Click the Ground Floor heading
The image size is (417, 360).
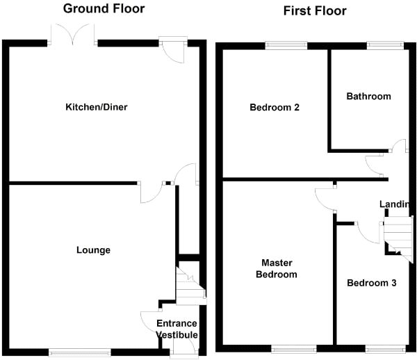pyautogui.click(x=104, y=9)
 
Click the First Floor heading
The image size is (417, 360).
pyautogui.click(x=315, y=10)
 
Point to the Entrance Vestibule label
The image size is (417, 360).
pyautogui.click(x=177, y=329)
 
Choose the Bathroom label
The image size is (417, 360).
pyautogui.click(x=368, y=97)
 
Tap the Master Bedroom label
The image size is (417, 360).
pyautogui.click(x=279, y=268)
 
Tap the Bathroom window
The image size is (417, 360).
pyautogui.click(x=384, y=45)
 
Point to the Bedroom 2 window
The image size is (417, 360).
pyautogui.click(x=286, y=45)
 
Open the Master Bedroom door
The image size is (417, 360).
pyautogui.click(x=324, y=197)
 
